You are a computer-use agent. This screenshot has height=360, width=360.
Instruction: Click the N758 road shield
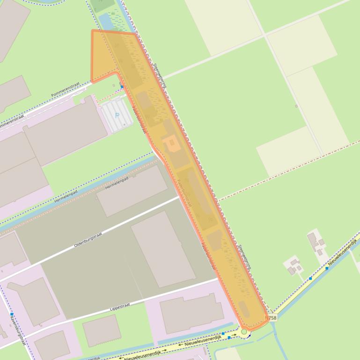271,317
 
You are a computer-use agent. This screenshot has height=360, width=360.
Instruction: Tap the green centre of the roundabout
244,331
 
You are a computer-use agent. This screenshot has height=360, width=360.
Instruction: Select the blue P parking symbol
117,115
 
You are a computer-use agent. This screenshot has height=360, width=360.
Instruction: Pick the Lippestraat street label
119,306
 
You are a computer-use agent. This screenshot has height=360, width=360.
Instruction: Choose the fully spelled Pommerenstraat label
66,91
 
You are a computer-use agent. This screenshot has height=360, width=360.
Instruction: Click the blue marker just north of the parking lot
122,86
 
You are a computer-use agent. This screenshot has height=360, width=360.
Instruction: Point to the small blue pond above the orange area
105,21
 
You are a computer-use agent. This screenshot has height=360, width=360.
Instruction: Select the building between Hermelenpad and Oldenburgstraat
132,190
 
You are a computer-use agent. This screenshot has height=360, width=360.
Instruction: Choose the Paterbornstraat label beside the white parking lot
139,119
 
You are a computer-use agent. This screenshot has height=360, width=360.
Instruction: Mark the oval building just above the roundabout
244,308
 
